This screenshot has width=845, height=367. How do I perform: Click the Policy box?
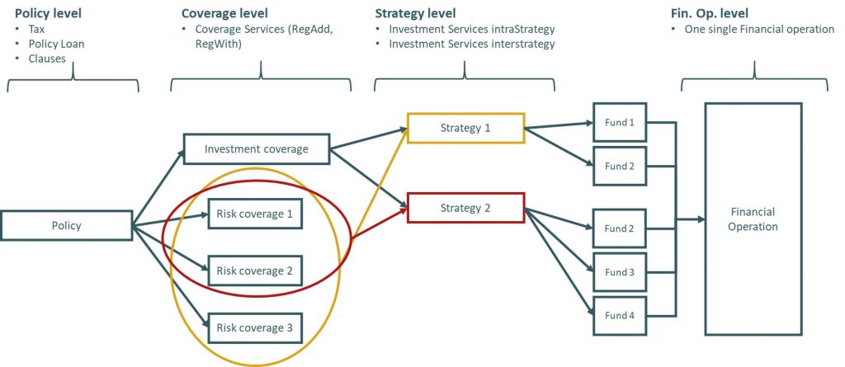[66, 225]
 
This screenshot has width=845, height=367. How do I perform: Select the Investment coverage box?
[257, 149]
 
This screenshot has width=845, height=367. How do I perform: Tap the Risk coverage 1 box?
[255, 214]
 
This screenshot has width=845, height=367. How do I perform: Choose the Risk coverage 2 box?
[255, 271]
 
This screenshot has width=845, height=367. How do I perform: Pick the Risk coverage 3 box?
[255, 327]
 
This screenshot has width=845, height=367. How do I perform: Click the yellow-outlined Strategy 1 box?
[465, 128]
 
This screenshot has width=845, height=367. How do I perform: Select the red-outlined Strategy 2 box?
[465, 208]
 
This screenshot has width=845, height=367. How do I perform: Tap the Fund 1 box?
[620, 122]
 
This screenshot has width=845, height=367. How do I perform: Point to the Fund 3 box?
[620, 271]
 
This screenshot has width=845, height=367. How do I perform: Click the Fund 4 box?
[620, 314]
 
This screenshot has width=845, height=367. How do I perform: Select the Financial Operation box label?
[753, 219]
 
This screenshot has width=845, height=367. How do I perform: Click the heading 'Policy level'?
[49, 14]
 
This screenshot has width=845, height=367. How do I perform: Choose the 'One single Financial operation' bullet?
[760, 29]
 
